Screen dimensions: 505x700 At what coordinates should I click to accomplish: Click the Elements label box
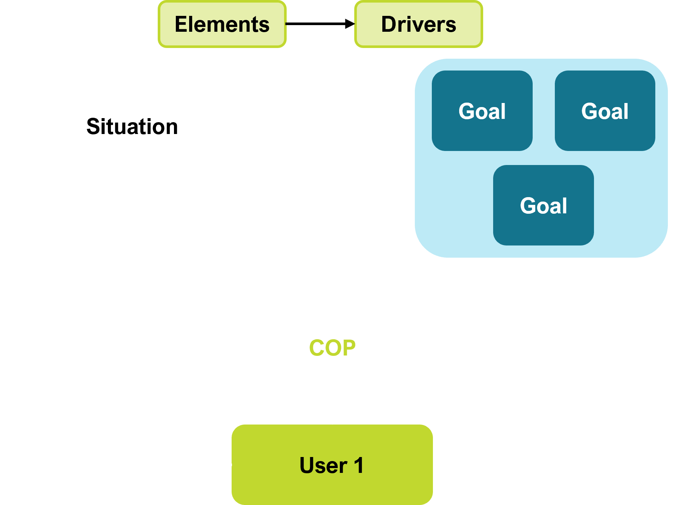coord(222,24)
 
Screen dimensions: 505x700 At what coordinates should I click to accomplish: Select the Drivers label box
coord(419,24)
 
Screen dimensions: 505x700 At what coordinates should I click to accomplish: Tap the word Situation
coord(132,127)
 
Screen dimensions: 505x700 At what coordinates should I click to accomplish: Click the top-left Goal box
coord(482,111)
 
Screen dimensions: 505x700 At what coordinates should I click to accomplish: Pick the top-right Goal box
coord(605,111)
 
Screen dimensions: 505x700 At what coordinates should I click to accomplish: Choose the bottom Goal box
coord(543,205)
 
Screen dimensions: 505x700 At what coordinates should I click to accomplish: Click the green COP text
coord(332,348)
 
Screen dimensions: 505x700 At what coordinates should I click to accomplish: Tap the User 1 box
coord(332,465)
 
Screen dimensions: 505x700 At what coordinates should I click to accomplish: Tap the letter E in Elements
coord(181,24)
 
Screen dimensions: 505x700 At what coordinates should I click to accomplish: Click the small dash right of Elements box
coord(287,24)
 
